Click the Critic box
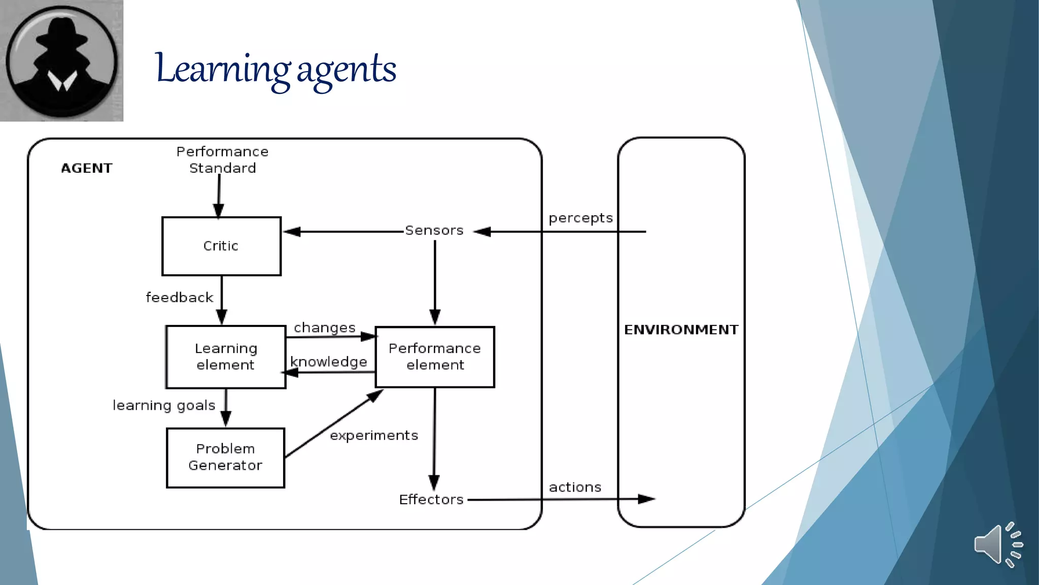click(x=221, y=246)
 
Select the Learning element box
click(x=226, y=356)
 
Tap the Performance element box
click(x=435, y=356)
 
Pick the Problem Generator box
click(x=225, y=458)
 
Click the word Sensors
click(x=434, y=231)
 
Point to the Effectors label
click(x=431, y=500)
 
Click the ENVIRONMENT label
click(x=681, y=330)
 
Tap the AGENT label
click(x=87, y=168)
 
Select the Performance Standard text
click(x=222, y=159)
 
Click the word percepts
click(x=580, y=218)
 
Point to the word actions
click(x=575, y=487)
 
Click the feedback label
click(x=180, y=298)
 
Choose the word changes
click(x=325, y=328)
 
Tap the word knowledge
click(x=329, y=362)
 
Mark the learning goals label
click(x=164, y=405)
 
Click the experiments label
click(x=374, y=436)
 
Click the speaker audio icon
click(x=997, y=544)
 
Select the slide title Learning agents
click(x=275, y=69)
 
